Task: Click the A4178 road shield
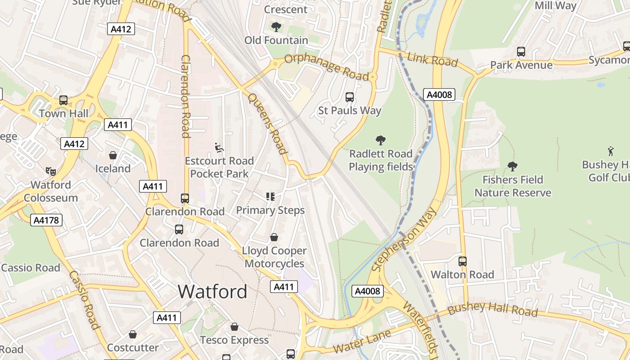pos(46,220)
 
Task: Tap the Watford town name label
pos(212,292)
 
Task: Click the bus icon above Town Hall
pos(63,100)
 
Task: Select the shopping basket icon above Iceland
pos(112,155)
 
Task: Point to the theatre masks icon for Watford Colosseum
pos(50,171)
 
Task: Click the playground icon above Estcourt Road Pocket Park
pos(219,147)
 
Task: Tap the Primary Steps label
pos(270,210)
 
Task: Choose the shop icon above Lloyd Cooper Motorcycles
pos(274,237)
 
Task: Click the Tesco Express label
pos(234,340)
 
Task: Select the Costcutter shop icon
pos(132,334)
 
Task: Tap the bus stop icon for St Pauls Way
pos(349,97)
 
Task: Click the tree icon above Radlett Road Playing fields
pos(381,140)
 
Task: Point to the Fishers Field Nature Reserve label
pos(513,186)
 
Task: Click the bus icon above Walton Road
pos(462,261)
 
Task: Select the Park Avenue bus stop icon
pos(521,52)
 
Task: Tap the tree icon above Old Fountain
pos(276,27)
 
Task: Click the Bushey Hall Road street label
pos(492,310)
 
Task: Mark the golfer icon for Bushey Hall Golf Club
pos(611,151)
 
